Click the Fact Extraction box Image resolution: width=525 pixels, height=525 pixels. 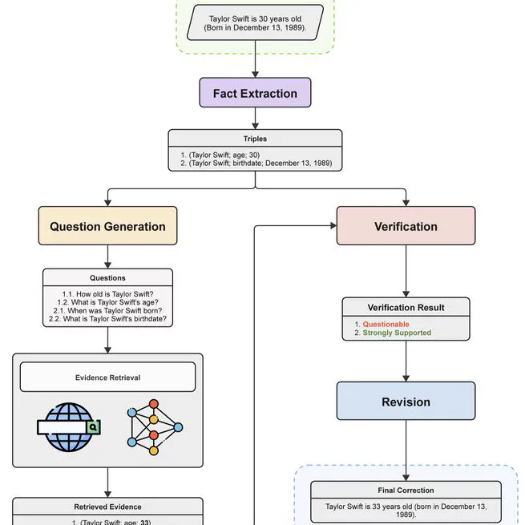[x=255, y=93]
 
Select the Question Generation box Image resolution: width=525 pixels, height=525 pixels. [x=107, y=226]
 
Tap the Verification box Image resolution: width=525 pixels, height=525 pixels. [x=406, y=226]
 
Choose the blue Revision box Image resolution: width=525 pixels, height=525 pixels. [x=406, y=402]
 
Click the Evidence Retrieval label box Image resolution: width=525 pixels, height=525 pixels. [x=107, y=377]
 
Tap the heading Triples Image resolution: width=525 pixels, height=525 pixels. [x=255, y=139]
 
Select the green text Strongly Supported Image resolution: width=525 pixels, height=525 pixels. [x=397, y=333]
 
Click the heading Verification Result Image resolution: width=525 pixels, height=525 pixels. [x=406, y=308]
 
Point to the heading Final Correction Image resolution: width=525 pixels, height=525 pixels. [x=406, y=491]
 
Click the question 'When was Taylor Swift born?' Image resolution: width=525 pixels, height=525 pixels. [x=107, y=310]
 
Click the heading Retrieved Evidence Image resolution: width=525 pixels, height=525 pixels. [x=107, y=507]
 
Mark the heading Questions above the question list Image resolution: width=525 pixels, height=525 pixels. [x=107, y=278]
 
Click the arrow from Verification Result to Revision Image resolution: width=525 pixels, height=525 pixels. [x=406, y=361]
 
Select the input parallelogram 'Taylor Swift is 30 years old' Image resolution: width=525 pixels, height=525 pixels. [x=255, y=22]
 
